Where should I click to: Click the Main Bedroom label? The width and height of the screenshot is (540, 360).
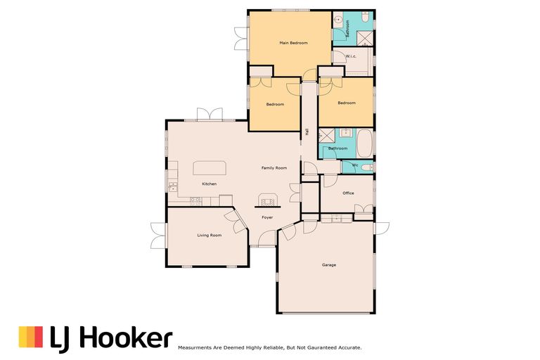click(x=293, y=44)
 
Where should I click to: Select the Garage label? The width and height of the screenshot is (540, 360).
click(x=328, y=265)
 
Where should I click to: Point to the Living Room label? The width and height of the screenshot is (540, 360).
click(x=209, y=235)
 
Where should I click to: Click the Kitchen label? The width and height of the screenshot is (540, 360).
click(x=209, y=184)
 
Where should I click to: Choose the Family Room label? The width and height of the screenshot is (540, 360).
click(x=274, y=168)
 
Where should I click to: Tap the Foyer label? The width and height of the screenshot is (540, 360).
click(x=267, y=217)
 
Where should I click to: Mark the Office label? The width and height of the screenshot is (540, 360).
click(x=348, y=193)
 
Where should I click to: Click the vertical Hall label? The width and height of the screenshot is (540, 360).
click(x=307, y=131)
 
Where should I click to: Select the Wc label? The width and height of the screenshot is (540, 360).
click(x=355, y=165)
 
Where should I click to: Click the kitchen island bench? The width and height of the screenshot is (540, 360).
click(x=209, y=167)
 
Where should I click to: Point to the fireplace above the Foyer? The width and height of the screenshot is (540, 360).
click(x=267, y=200)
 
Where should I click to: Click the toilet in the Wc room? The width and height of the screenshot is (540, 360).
click(x=368, y=167)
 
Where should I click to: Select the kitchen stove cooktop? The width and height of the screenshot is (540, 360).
click(x=195, y=200)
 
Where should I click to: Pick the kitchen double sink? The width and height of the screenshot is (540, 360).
click(x=172, y=186)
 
